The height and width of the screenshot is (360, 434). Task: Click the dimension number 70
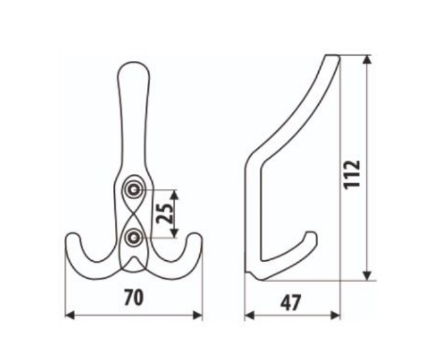(x=134, y=298)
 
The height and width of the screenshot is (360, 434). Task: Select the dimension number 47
(x=291, y=303)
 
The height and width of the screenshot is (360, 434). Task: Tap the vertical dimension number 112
(x=352, y=174)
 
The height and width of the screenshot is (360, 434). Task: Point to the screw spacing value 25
(x=165, y=213)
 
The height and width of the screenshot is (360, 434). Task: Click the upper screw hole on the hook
(x=134, y=190)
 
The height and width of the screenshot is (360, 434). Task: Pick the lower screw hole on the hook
(x=134, y=237)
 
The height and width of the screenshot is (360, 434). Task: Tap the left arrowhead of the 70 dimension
(x=70, y=315)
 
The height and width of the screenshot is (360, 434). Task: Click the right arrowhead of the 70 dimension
(x=197, y=315)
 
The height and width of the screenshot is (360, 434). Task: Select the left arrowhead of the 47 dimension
(x=249, y=315)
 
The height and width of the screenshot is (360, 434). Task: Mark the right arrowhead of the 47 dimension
(x=335, y=315)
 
